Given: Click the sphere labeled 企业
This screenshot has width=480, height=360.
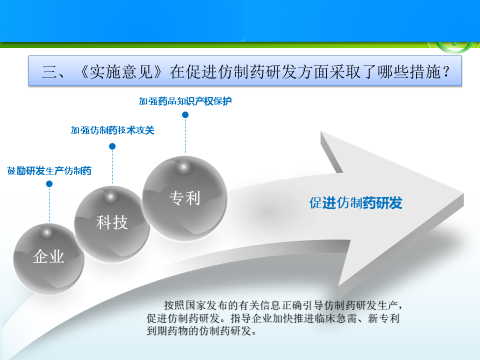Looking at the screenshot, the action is point(48,259).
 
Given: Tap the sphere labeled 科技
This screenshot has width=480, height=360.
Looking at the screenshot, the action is point(112,224).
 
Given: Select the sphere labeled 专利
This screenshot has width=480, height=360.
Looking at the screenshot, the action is point(184,198).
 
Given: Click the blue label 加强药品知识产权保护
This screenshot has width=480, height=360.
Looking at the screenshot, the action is point(185,101).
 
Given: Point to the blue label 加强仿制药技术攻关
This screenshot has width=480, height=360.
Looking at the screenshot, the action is point(112,130).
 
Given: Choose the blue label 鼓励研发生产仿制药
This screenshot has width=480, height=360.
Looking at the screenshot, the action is point(49,170).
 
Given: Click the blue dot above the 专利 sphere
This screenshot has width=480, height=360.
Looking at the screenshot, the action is point(185,115).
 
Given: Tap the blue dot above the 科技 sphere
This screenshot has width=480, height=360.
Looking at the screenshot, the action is point(112,146).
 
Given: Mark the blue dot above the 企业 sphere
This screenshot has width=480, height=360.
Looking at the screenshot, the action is point(49,183).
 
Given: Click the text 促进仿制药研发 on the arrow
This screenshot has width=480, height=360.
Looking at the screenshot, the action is point(355,203).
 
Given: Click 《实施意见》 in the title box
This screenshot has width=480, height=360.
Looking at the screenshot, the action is point(121,72).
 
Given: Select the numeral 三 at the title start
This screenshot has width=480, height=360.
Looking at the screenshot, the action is point(49,72).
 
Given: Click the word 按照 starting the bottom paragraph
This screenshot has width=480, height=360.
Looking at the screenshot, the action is point(174,305).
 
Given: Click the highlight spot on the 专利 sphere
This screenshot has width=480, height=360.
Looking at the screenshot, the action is point(183,167).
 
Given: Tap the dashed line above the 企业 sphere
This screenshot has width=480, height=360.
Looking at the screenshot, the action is point(49,204).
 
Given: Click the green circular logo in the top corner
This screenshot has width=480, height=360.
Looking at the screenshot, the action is point(454,46).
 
